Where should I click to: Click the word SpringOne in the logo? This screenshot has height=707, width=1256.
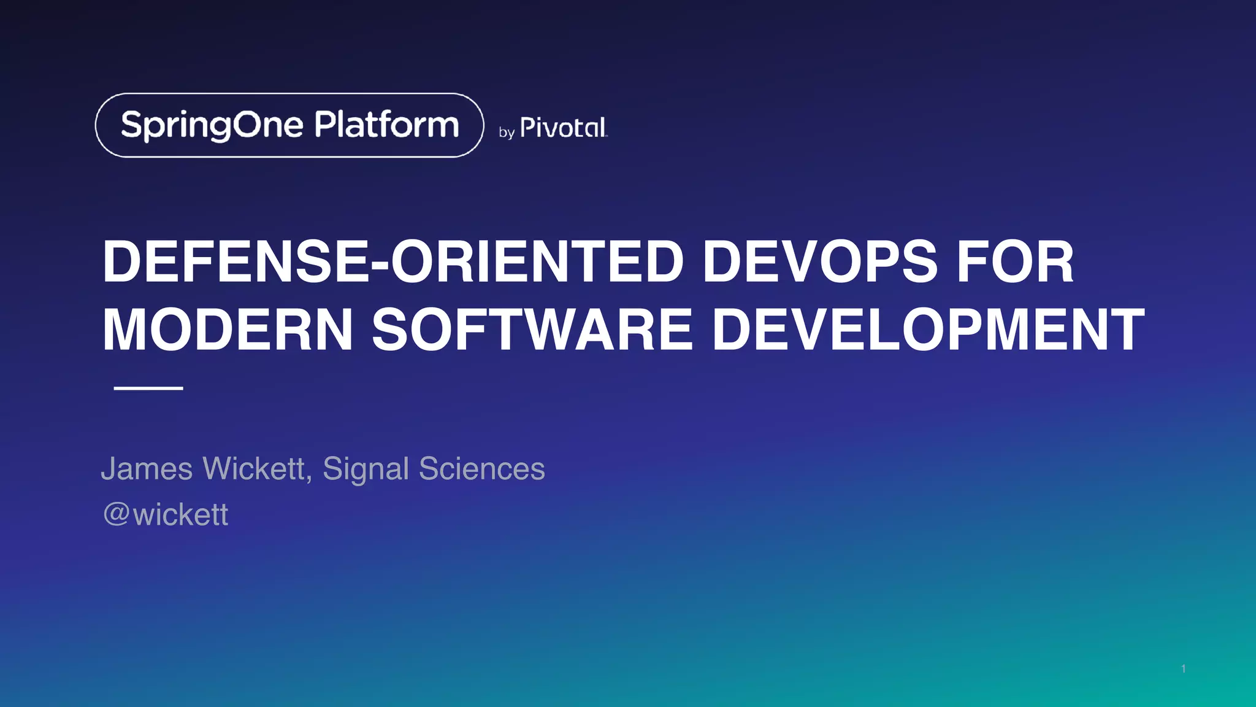point(212,125)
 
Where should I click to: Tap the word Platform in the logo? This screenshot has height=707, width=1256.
point(386,125)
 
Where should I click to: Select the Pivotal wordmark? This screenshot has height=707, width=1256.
point(563,128)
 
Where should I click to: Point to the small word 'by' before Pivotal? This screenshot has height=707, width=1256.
point(506,133)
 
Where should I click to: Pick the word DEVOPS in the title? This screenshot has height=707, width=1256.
point(819,261)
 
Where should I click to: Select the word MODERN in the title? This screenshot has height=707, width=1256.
point(228,330)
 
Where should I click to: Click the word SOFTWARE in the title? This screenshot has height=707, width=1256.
point(532,330)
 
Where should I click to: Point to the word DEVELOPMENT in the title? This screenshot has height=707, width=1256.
point(928,330)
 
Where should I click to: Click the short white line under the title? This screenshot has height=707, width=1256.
point(148,388)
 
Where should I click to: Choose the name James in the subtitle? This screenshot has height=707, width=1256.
point(147,469)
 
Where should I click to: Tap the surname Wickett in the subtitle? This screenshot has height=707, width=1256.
point(254,469)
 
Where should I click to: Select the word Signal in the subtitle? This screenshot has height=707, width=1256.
point(366,469)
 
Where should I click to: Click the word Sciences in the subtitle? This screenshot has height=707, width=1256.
point(481,469)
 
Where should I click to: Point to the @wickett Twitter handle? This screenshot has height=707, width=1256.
point(166,514)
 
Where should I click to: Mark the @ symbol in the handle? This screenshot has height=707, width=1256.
point(116,514)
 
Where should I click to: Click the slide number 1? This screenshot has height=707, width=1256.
point(1183,668)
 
